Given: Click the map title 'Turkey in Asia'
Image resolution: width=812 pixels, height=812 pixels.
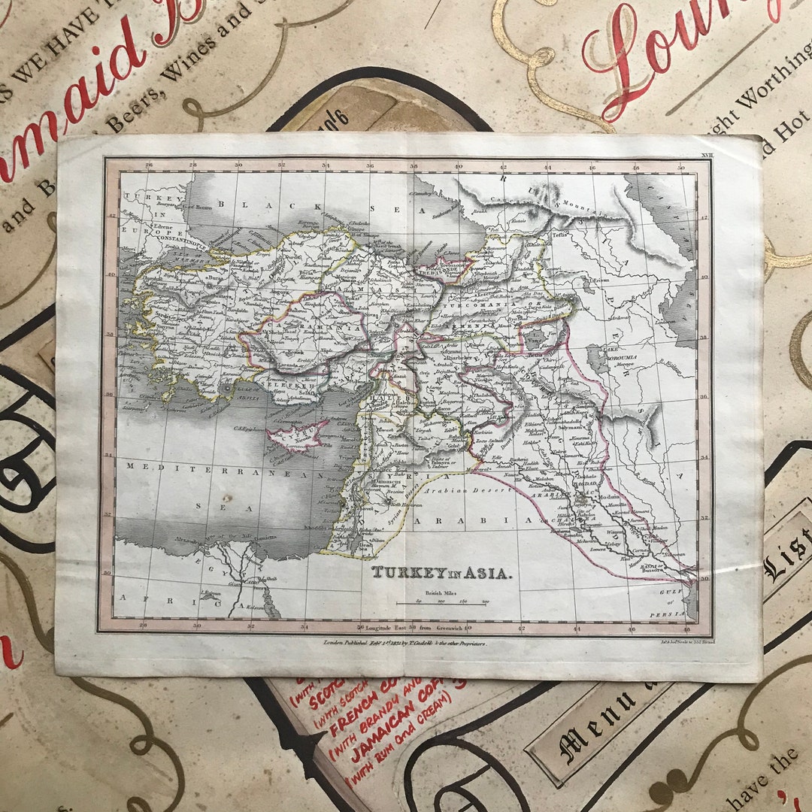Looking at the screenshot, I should tap(442, 573).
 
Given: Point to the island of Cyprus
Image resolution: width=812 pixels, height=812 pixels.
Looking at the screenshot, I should tap(295, 438).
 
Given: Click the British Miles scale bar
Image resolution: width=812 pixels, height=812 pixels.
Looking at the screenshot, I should tap(444, 601).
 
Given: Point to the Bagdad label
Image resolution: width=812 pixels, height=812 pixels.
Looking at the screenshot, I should tap(586, 486).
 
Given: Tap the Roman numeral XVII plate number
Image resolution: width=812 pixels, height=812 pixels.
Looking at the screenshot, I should tap(705, 154).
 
